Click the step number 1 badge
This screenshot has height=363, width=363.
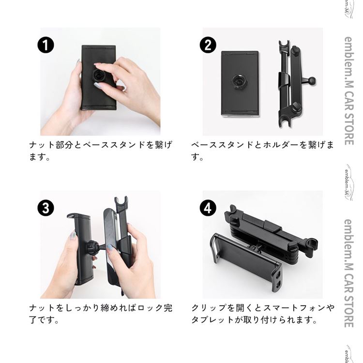(x=45, y=45)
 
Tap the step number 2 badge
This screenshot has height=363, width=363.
(x=208, y=45)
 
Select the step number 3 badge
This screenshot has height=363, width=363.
(x=45, y=208)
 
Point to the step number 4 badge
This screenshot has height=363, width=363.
(x=208, y=208)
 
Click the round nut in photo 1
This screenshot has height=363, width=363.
(x=98, y=75)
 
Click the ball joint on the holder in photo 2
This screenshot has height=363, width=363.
(x=312, y=81)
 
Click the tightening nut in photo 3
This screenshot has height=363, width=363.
(x=91, y=248)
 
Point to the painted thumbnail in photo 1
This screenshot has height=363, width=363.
(x=98, y=86)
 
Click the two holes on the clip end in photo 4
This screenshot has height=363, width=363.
(x=278, y=278)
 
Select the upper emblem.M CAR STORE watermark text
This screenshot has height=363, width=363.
(x=348, y=91)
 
